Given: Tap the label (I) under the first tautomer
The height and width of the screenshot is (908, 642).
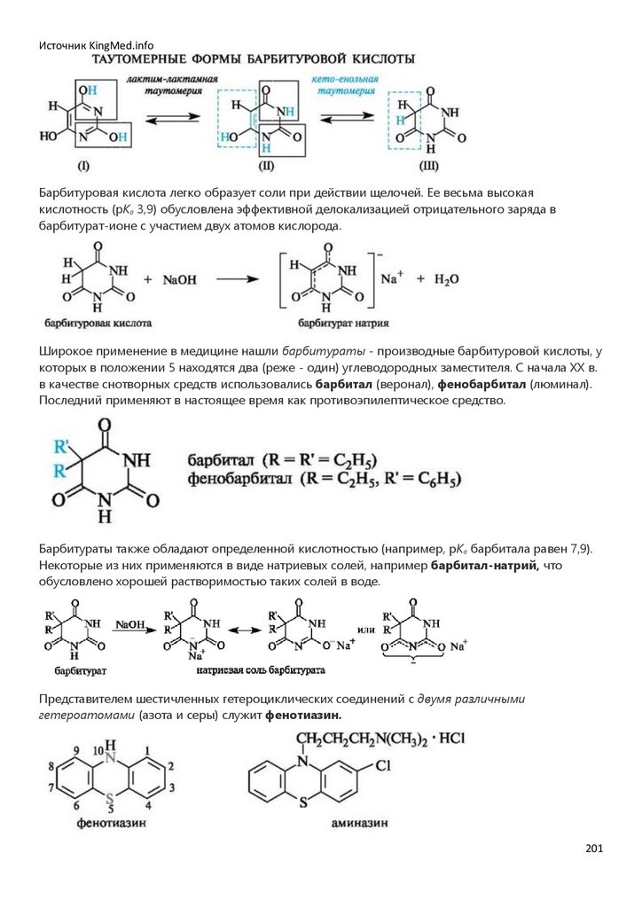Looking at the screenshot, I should click(x=83, y=165).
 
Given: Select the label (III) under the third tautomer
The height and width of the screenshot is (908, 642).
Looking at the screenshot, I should click(x=429, y=165).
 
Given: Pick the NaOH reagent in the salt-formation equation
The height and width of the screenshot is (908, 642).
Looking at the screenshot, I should click(x=179, y=279).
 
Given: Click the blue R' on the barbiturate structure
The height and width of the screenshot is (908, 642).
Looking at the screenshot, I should click(x=63, y=446).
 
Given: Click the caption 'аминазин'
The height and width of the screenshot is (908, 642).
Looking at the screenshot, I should click(x=359, y=822).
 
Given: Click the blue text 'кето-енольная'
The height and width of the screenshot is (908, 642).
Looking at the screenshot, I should click(x=344, y=80).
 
